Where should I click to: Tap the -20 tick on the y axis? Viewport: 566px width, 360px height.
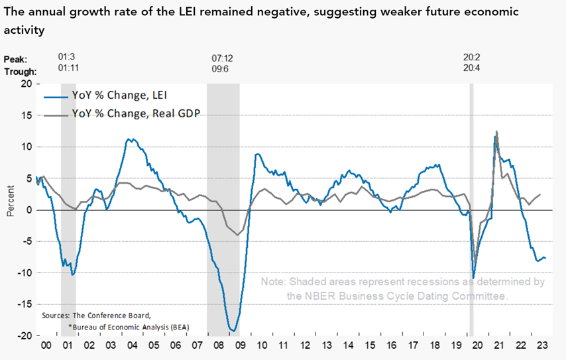23,335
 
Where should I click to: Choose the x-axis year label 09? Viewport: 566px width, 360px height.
240,345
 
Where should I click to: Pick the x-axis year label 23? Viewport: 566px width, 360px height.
542,345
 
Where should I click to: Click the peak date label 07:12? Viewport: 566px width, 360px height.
222,58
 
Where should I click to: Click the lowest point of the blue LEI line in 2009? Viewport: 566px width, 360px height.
233,330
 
